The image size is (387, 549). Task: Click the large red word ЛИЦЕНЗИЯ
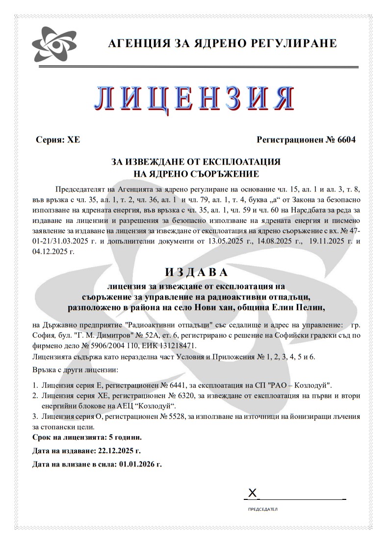(194, 98)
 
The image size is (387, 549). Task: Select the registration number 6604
(346, 139)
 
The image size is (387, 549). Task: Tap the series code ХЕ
(74, 139)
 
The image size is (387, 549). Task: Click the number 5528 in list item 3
(204, 416)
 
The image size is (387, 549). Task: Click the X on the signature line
(253, 493)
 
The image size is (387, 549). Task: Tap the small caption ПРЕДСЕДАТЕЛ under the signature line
(263, 510)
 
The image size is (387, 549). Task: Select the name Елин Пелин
(303, 307)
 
